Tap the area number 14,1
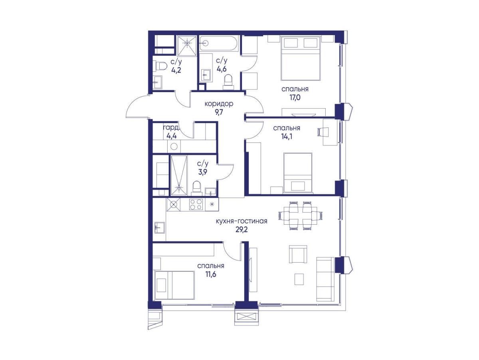[286, 136]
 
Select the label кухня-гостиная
[241, 221]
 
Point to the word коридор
[219, 104]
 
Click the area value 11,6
[211, 274]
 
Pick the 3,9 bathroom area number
[202, 172]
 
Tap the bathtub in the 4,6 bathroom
[219, 44]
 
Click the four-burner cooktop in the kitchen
[196, 204]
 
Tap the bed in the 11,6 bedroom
[174, 285]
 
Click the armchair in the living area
[298, 254]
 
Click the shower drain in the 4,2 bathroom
[188, 43]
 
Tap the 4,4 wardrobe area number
[172, 136]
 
